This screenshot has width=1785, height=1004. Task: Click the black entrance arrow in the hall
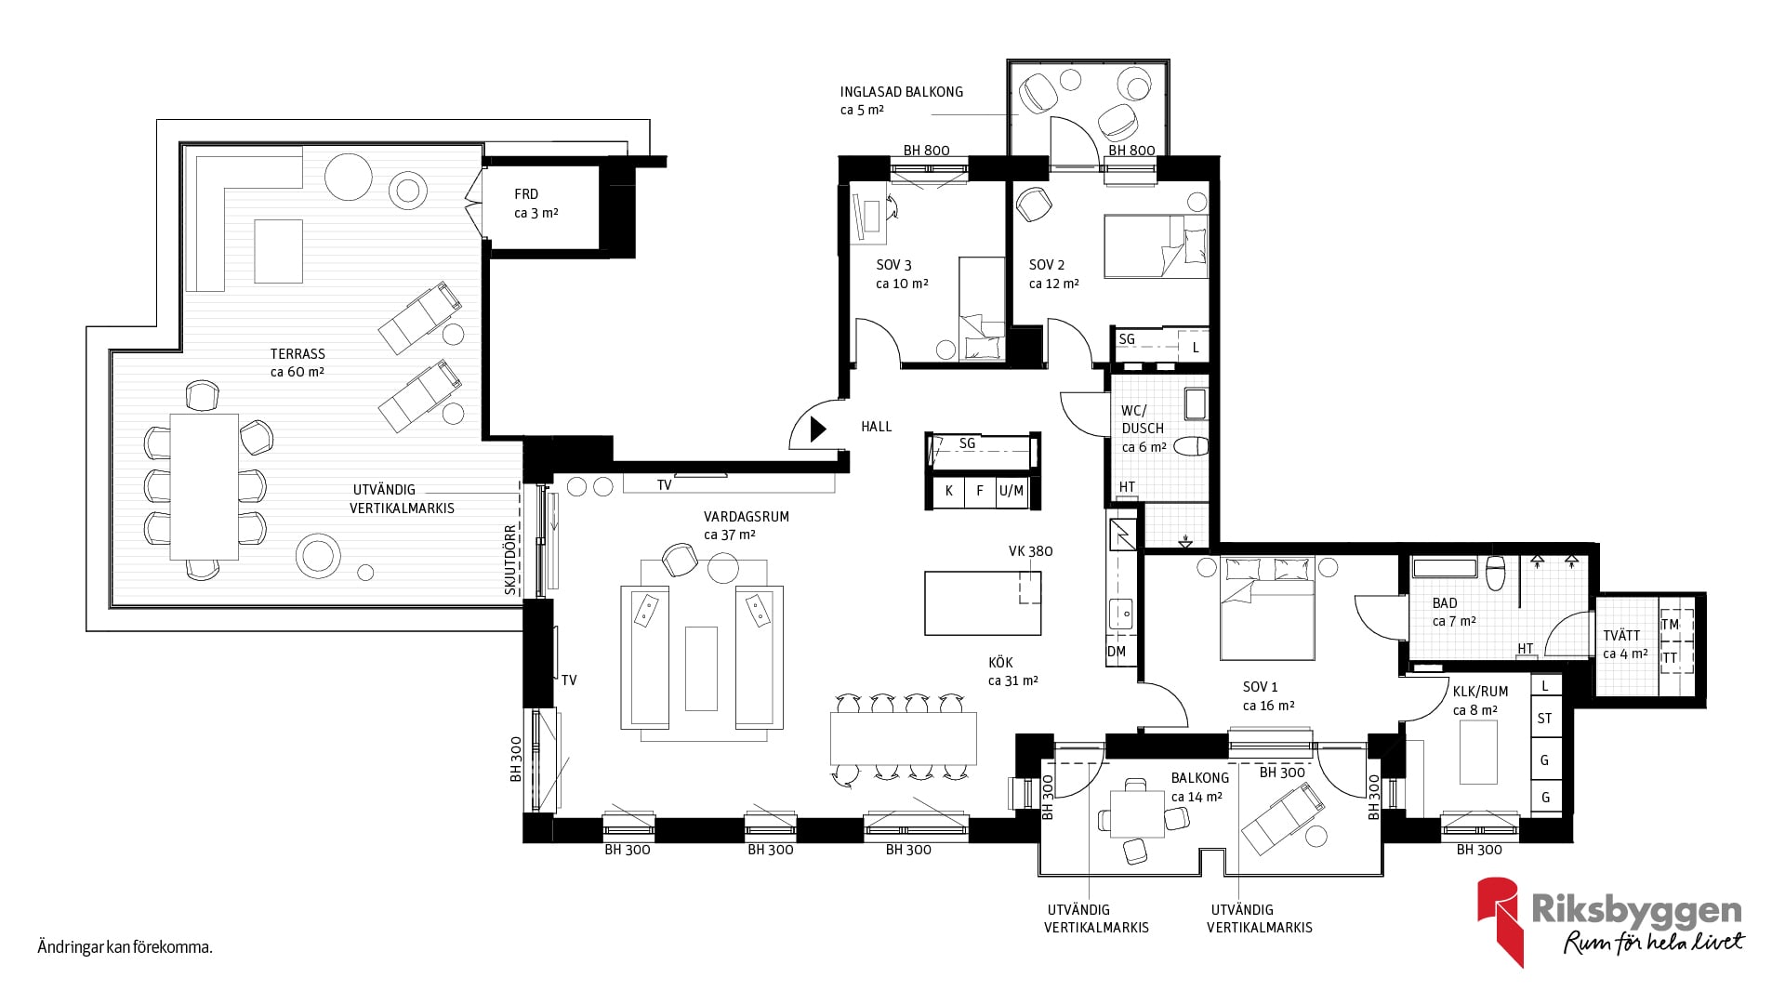(x=818, y=429)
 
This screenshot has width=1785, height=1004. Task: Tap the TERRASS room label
(x=297, y=353)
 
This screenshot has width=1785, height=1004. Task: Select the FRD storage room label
(x=526, y=194)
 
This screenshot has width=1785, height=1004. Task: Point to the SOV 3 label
(x=893, y=265)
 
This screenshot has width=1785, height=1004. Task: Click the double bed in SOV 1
(x=1267, y=608)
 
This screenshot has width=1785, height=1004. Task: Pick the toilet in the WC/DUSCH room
(x=1191, y=447)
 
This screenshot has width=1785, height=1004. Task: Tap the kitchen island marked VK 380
(x=983, y=602)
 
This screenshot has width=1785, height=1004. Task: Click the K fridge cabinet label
(x=948, y=491)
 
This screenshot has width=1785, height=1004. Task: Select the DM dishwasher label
(x=1117, y=652)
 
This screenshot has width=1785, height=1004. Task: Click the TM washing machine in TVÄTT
(x=1671, y=625)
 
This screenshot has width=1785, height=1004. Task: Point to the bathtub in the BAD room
(x=1445, y=567)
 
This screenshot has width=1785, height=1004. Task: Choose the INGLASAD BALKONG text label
(x=902, y=92)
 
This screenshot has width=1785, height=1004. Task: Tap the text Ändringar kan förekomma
(x=126, y=948)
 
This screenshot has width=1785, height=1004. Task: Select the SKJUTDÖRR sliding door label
(x=510, y=560)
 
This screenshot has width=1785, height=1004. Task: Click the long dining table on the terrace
(x=205, y=486)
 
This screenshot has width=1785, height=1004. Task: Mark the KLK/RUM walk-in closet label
(x=1481, y=692)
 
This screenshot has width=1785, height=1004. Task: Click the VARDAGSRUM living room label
(x=746, y=517)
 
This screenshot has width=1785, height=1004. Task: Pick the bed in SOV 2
(x=1156, y=246)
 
